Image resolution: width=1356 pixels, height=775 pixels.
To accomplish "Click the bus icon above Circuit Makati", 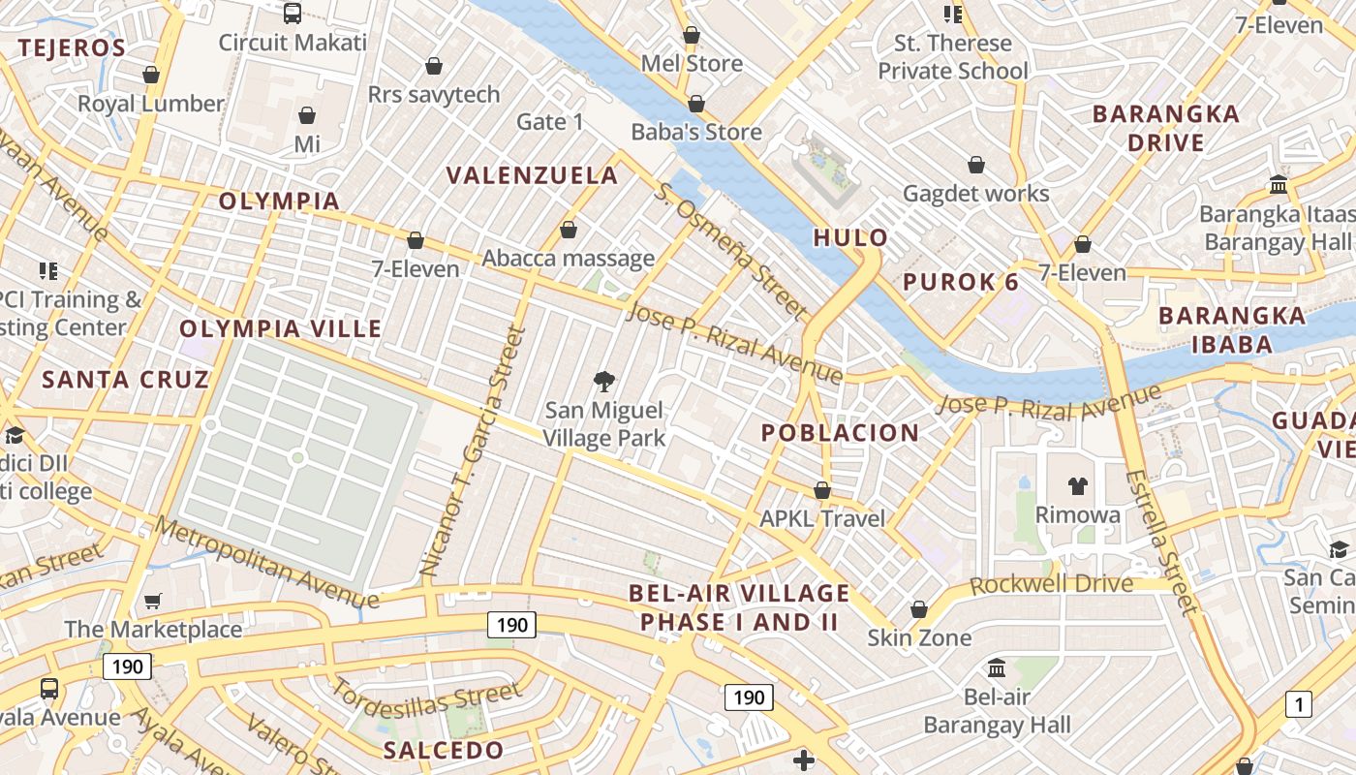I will pos(292,14).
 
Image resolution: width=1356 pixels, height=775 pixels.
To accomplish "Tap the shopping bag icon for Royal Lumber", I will pos(151,75).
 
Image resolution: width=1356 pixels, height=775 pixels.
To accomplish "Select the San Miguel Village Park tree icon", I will pos(604,380).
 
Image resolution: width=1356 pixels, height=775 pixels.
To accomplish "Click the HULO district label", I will pos(850,237).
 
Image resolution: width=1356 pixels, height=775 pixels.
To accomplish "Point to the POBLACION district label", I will pos(840,433).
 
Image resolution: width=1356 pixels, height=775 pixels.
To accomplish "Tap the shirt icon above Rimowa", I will pos(1077,485).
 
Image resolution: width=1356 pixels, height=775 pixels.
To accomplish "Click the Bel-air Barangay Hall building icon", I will pos(997,667).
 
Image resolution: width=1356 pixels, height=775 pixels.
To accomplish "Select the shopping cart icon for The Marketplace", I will pos(152,602).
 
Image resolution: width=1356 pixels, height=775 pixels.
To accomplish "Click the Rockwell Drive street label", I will pos(1051,584).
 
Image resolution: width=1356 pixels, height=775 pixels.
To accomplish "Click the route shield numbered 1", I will pos(1298,704).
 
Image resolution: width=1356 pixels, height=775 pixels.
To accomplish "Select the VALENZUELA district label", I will pos(532,175).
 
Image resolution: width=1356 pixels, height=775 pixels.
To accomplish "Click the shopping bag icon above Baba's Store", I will pos(696,104).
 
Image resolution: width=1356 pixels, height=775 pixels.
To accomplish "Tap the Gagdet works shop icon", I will pos(976,165).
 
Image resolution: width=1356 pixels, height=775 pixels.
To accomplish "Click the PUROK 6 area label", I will pos(961,282).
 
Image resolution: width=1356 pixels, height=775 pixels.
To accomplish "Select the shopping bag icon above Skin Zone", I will pos(918,609).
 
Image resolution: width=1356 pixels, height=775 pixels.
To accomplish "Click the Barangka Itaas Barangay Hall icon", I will pos(1278,184).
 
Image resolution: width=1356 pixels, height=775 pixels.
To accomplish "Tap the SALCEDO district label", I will pos(444,750).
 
